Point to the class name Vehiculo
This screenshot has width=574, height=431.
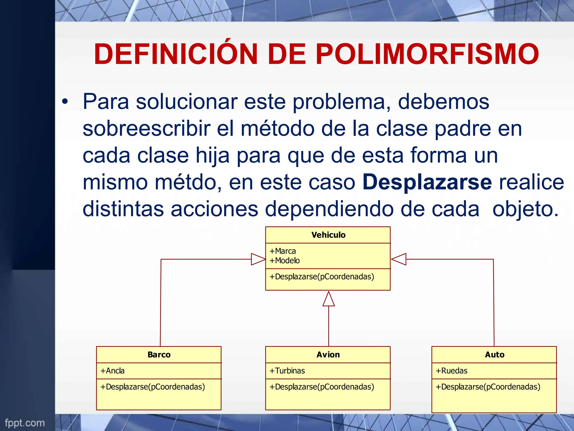click(328, 235)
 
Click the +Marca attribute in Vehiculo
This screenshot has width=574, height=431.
click(283, 251)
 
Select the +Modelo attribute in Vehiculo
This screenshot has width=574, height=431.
click(284, 261)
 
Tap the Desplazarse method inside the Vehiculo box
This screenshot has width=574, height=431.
click(321, 277)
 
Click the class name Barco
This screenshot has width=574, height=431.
click(159, 355)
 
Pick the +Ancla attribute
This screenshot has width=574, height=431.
click(112, 371)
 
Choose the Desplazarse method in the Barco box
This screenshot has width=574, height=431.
click(152, 387)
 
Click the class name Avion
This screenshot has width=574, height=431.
click(328, 355)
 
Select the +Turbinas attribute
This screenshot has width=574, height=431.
click(287, 371)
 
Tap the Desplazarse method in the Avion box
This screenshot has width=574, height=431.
click(321, 387)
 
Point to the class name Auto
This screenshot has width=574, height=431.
click(495, 355)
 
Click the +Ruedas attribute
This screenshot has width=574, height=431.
click(452, 371)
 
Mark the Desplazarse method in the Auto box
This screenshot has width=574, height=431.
click(488, 387)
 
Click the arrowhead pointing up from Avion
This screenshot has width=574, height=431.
click(328, 299)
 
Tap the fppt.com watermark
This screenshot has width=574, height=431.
click(25, 423)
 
